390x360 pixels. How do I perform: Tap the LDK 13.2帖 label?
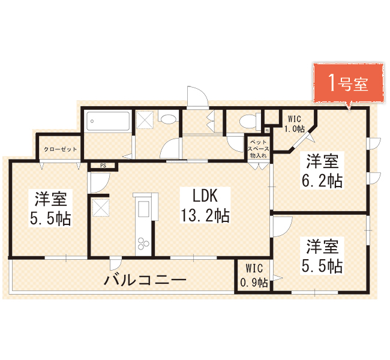pos(205,205)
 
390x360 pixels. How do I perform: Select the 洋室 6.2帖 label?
pos(322,170)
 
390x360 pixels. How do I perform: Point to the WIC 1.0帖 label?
pos(295,124)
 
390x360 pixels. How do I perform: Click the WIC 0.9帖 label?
pos(254,275)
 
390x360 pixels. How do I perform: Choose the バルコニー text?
pos(145,280)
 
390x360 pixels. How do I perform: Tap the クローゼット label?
pos(61,149)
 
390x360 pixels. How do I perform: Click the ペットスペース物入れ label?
pos(259,149)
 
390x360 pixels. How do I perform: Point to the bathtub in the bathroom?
pos(108,121)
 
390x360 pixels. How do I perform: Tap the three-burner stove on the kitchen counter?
pos(143,243)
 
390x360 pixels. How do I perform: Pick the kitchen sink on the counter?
pos(143,209)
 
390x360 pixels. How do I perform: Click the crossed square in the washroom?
pos(145,119)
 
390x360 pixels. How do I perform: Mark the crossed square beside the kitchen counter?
pos(101,208)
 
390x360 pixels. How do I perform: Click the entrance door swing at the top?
pos(197,97)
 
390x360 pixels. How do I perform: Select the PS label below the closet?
pos(103,166)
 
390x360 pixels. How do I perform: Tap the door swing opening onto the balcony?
pos(116,264)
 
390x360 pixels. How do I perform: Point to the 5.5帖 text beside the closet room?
pos(51,218)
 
